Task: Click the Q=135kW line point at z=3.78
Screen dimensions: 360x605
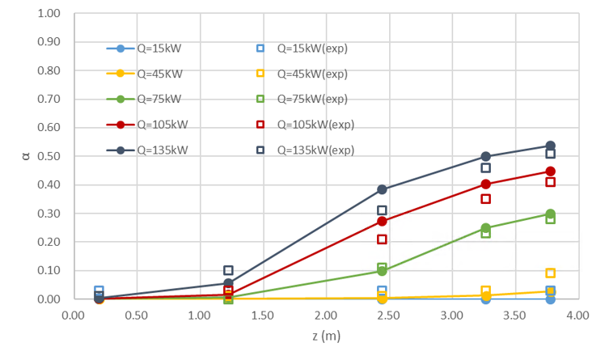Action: pos(550,146)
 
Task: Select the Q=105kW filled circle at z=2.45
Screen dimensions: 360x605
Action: pos(382,221)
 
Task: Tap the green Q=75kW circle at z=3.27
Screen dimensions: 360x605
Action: pos(485,228)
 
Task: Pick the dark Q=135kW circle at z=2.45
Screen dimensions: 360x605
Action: pos(382,189)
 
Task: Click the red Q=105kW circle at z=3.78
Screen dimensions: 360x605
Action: pos(550,172)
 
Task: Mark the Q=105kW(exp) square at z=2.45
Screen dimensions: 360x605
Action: pos(382,239)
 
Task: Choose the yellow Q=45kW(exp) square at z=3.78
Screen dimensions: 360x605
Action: pos(550,273)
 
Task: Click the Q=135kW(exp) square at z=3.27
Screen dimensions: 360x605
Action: pos(485,167)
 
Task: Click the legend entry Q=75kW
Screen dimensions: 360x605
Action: pos(159,99)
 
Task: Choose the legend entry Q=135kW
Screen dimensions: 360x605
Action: pos(162,150)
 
